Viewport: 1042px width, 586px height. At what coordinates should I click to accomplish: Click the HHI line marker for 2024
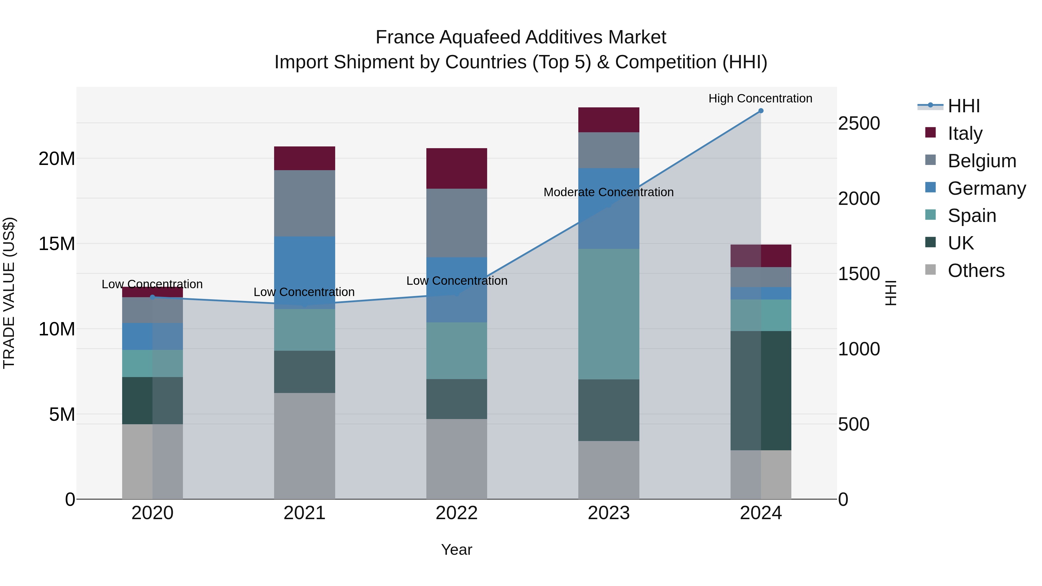click(x=760, y=111)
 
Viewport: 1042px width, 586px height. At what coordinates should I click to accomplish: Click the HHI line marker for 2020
click(x=153, y=297)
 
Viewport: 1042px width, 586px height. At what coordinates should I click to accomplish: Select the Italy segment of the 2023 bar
click(x=608, y=120)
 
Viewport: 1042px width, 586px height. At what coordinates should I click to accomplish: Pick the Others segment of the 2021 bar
click(x=304, y=446)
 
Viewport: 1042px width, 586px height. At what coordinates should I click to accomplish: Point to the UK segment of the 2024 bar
click(x=760, y=390)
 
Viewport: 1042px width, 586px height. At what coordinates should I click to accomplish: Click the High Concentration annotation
click(x=760, y=98)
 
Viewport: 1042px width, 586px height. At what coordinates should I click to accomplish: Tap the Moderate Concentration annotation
click(x=608, y=192)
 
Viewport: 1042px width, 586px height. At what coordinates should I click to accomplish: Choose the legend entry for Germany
click(x=987, y=188)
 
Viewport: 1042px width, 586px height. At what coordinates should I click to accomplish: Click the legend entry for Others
click(x=976, y=271)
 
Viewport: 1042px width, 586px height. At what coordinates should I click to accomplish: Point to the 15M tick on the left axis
click(x=57, y=244)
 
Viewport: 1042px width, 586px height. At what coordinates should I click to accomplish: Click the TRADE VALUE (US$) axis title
click(x=9, y=293)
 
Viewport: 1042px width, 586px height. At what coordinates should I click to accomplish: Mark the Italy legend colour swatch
click(x=930, y=133)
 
